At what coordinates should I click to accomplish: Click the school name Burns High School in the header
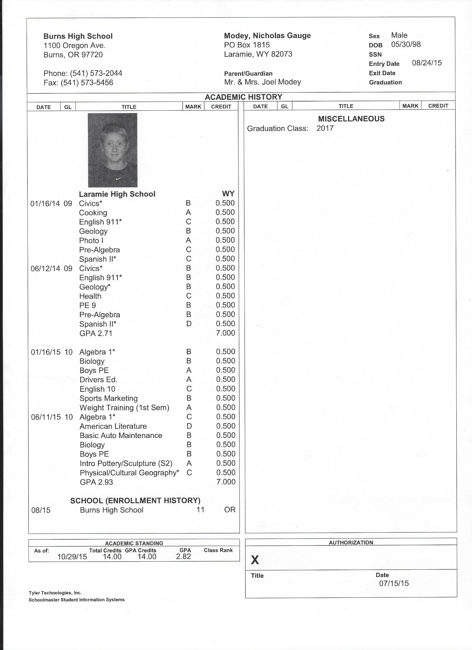pyautogui.click(x=78, y=36)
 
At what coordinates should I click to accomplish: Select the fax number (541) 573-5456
pyautogui.click(x=87, y=83)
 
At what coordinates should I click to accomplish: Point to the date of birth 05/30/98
pyautogui.click(x=406, y=44)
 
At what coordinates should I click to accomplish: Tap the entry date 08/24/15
pyautogui.click(x=426, y=63)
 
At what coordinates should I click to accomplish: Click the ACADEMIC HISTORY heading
pyautogui.click(x=243, y=97)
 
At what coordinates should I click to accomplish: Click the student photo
pyautogui.click(x=112, y=150)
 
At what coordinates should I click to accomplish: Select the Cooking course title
pyautogui.click(x=93, y=213)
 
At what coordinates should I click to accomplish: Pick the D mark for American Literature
pyautogui.click(x=189, y=426)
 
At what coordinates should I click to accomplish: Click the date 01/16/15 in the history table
pyautogui.click(x=46, y=352)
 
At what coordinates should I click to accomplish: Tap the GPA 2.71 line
pyautogui.click(x=96, y=333)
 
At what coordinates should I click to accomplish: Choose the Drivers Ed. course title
pyautogui.click(x=99, y=380)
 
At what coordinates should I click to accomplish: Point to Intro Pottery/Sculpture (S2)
pyautogui.click(x=126, y=463)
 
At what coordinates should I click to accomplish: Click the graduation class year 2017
pyautogui.click(x=325, y=128)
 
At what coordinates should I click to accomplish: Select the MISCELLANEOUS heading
pyautogui.click(x=351, y=119)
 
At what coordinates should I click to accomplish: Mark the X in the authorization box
pyautogui.click(x=255, y=560)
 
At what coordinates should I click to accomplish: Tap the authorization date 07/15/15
pyautogui.click(x=394, y=583)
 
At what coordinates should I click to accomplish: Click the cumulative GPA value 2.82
pyautogui.click(x=183, y=557)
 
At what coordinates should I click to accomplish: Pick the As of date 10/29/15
pyautogui.click(x=72, y=557)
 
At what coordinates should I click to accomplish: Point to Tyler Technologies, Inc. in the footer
pyautogui.click(x=55, y=593)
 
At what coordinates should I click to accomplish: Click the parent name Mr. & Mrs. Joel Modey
pyautogui.click(x=262, y=82)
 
